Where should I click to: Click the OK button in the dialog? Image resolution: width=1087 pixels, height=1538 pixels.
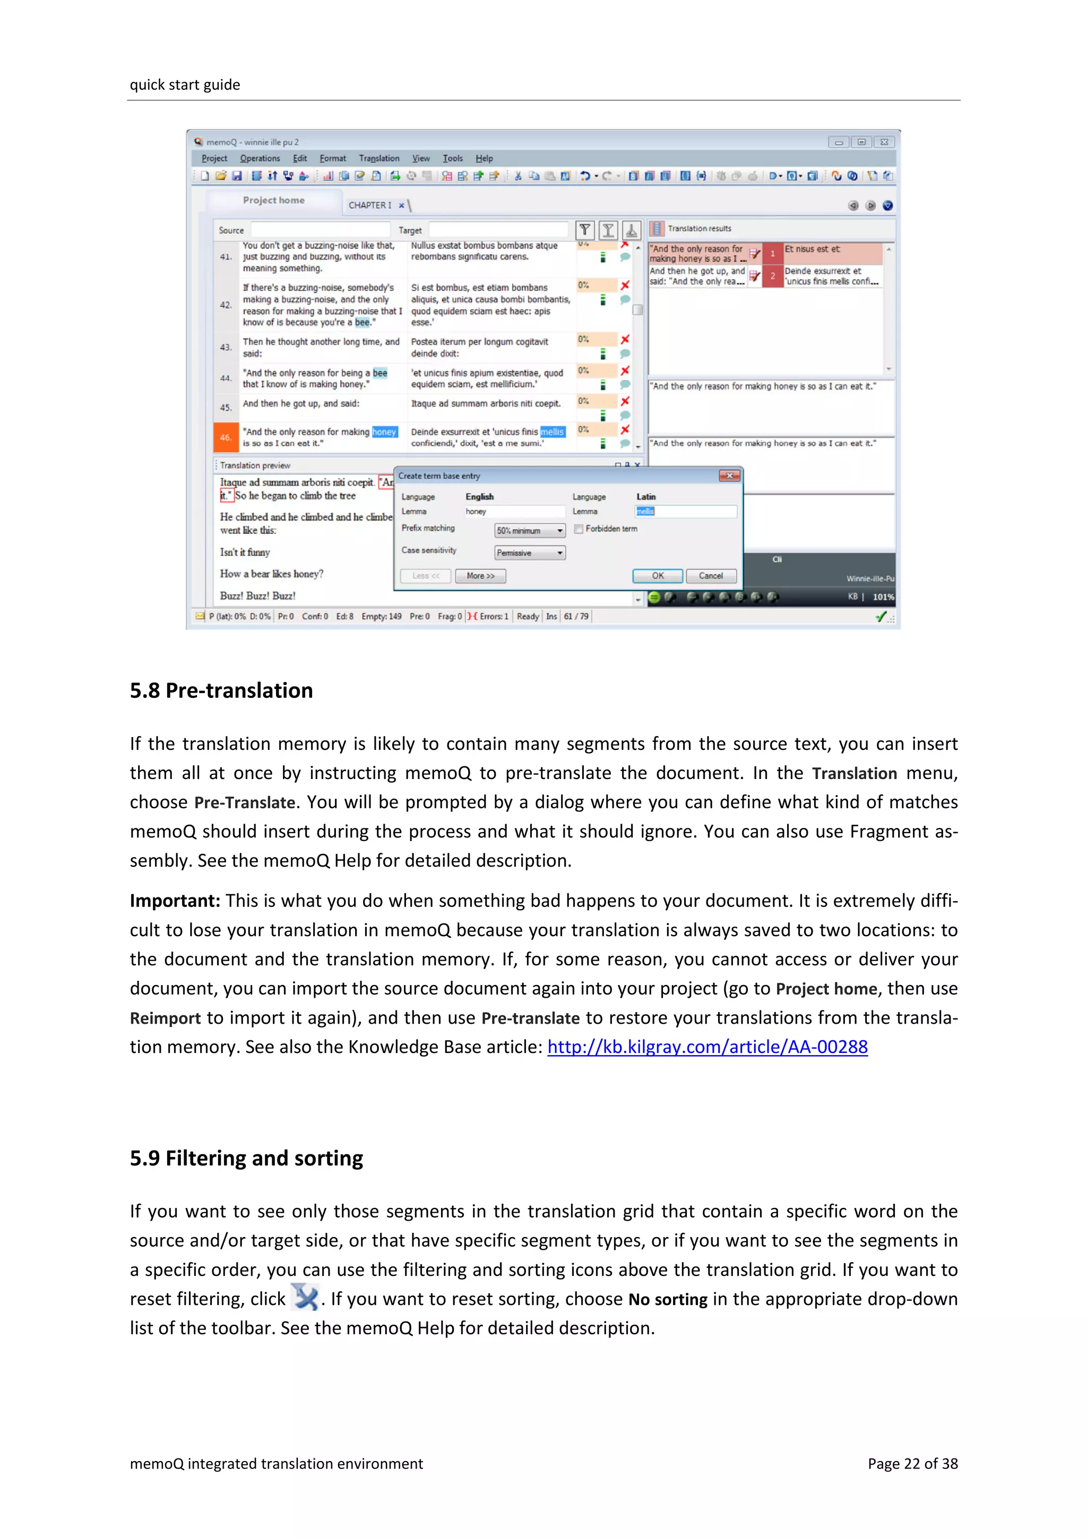coord(657,575)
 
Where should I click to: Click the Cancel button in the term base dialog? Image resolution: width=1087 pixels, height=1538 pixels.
coord(711,575)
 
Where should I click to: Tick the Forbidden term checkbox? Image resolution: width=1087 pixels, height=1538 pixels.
coord(579,529)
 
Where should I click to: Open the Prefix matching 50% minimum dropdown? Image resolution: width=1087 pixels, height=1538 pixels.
coord(530,531)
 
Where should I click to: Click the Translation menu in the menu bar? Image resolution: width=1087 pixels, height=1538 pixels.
coord(378,158)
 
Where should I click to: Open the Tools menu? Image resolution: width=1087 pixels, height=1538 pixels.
coord(452,158)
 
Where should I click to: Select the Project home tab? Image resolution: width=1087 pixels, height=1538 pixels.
coord(273,200)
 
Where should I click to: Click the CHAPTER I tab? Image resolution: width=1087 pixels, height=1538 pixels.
coord(370,205)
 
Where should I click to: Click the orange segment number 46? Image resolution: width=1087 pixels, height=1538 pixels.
coord(225,437)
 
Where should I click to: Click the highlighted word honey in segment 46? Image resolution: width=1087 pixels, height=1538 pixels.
coord(384,431)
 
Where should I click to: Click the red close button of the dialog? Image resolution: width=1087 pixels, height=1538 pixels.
coord(729,476)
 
